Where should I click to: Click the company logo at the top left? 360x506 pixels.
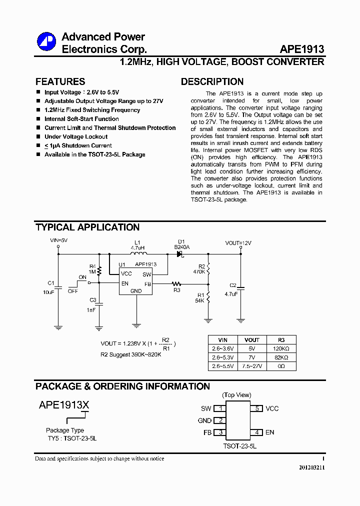pos(46,41)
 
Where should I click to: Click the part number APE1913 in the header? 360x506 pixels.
pos(302,49)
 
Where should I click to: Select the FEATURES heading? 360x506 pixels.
pos(60,81)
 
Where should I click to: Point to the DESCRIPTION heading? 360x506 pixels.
pos(212,81)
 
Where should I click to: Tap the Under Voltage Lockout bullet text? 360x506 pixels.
pos(76,136)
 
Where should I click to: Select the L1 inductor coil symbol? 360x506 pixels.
pos(137,254)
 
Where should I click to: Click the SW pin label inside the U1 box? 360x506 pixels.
pos(146,274)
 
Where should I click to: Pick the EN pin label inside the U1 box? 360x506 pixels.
pos(125,283)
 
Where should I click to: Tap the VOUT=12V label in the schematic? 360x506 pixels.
pos(238,243)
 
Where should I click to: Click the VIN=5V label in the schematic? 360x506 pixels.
pos(58,240)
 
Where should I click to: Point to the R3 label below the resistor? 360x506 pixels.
pos(176,290)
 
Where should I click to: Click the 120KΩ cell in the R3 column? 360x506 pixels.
pos(281,348)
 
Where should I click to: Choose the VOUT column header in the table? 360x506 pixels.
pos(252,339)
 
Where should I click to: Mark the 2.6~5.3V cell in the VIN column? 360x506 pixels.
pos(222,357)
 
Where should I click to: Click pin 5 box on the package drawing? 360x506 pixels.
pos(256,408)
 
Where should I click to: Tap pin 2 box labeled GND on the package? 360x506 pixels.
pos(220,420)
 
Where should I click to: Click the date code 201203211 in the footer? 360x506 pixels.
pos(312,467)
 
